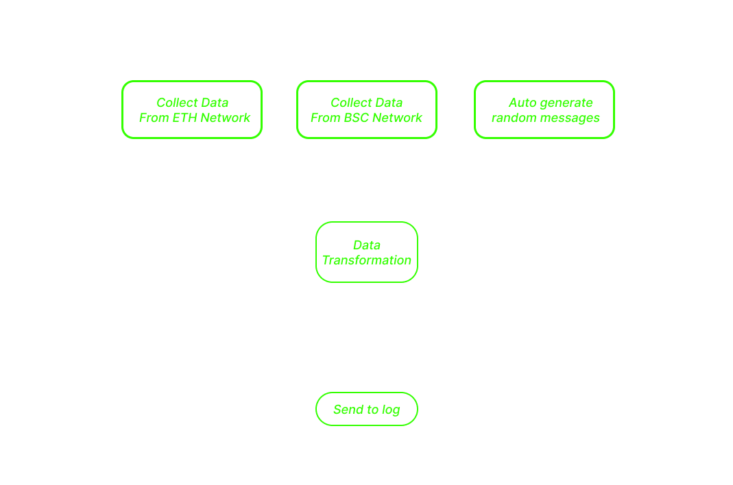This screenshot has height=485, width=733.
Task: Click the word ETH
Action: [x=184, y=118]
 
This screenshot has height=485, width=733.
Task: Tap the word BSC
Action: [x=356, y=118]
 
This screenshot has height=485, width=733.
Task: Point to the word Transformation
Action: [x=367, y=260]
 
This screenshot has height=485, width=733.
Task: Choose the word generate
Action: [x=566, y=103]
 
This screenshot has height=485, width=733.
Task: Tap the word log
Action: [x=391, y=410]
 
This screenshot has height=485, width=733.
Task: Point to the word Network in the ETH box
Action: [x=225, y=118]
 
